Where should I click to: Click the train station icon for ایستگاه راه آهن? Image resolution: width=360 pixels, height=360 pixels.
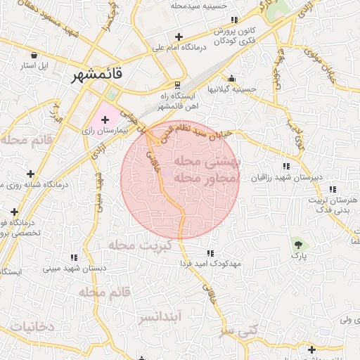177,84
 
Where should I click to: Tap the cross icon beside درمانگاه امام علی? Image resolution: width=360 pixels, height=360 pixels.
179,37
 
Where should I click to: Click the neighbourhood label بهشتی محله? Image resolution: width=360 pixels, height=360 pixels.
207,161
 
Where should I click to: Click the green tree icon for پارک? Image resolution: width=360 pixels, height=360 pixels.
300,245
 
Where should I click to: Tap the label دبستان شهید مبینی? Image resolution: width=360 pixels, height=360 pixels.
75,269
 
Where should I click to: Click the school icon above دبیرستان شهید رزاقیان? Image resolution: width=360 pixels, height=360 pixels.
285,167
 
